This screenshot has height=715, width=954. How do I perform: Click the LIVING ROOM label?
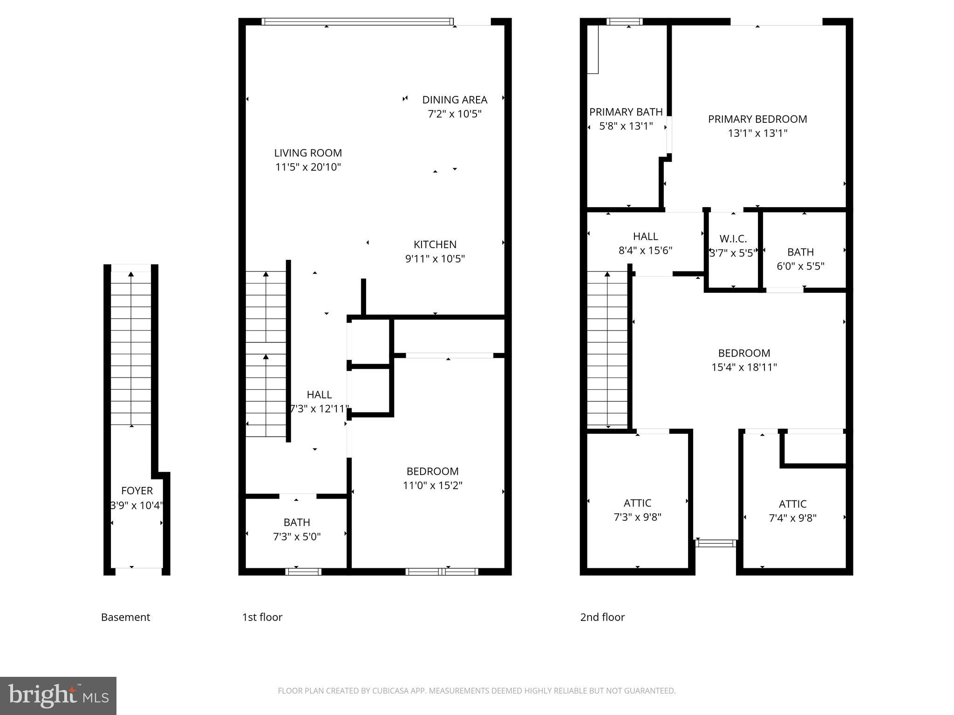tap(308, 153)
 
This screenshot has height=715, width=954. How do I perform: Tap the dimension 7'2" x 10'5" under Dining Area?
tap(455, 114)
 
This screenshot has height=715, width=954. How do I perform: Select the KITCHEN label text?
tap(435, 244)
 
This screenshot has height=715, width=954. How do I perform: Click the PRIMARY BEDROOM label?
tap(757, 119)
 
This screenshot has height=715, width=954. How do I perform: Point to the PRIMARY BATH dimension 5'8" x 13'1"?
tap(626, 126)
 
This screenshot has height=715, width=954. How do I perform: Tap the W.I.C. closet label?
tap(733, 239)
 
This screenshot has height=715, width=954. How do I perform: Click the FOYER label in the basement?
tap(136, 491)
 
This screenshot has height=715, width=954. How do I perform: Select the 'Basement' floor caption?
tap(125, 617)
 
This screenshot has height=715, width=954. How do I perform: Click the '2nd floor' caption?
tap(602, 617)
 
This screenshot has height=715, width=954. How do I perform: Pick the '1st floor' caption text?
tap(262, 617)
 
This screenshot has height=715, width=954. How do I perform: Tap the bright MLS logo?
tap(58, 696)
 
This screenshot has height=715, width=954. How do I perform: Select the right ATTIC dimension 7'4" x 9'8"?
tap(792, 518)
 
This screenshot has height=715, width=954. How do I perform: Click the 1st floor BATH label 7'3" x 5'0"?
tap(297, 522)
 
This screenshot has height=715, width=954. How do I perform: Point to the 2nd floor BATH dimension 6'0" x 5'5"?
tap(800, 266)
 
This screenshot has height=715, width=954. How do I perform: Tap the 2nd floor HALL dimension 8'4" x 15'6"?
tap(645, 250)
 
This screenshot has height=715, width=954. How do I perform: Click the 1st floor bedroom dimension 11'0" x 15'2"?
tap(432, 486)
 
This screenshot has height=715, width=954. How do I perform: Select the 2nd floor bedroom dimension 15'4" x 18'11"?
tap(744, 367)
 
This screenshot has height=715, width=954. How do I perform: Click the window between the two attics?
tap(715, 543)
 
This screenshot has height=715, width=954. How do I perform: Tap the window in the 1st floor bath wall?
tap(303, 572)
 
